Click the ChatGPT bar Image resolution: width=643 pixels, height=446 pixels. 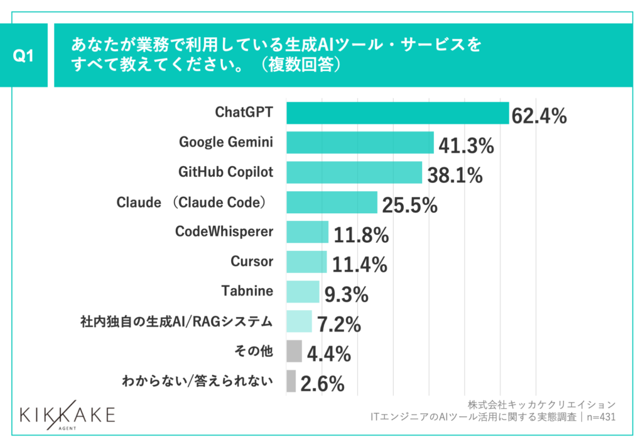[x=397, y=113]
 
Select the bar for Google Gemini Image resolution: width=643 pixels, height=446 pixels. [x=360, y=143]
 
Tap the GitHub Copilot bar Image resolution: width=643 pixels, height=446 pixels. [x=354, y=172]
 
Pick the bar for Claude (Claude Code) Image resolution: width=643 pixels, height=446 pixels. [x=332, y=203]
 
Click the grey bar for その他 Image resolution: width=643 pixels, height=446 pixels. [x=294, y=352]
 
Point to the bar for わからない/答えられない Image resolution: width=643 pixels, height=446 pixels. [x=291, y=381]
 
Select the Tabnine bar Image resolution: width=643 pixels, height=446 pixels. [x=303, y=292]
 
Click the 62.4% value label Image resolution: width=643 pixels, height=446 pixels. [x=539, y=116]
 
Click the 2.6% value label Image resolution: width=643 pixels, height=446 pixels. [x=322, y=384]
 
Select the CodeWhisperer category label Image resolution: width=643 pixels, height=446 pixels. [x=224, y=231]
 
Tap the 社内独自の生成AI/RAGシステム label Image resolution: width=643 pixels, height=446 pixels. [x=176, y=322]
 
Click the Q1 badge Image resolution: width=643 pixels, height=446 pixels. [x=23, y=56]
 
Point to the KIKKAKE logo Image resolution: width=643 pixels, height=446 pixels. [x=67, y=416]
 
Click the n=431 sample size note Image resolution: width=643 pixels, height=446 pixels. [x=599, y=416]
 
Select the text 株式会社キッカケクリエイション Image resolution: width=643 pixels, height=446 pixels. [x=541, y=404]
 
